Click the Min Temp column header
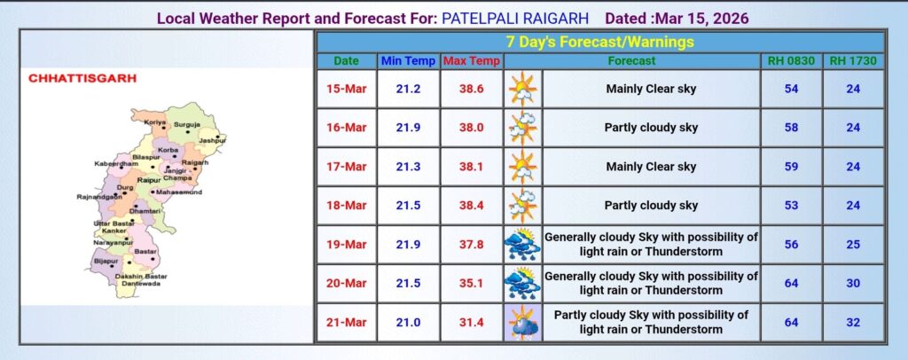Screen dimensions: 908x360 (x=408, y=61)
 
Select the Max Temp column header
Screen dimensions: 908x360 (x=472, y=61)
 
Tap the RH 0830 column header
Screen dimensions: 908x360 (x=791, y=61)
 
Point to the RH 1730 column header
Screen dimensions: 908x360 (x=853, y=61)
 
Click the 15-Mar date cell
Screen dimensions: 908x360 (x=347, y=90)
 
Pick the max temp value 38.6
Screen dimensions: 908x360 (x=472, y=90)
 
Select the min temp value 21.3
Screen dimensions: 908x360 (x=408, y=167)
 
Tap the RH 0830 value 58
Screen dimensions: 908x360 (x=791, y=128)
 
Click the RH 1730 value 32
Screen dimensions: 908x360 (x=853, y=323)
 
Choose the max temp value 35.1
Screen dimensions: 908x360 (x=472, y=284)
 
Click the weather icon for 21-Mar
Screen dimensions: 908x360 (x=523, y=323)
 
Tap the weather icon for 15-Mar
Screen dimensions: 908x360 (x=523, y=90)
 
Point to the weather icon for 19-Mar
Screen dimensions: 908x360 (x=523, y=244)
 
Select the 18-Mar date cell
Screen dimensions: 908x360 (x=347, y=206)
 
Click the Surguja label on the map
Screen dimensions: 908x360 (x=187, y=124)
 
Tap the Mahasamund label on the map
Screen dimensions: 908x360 (x=179, y=192)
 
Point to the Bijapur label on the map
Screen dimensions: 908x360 (x=106, y=261)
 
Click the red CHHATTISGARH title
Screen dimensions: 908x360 (x=82, y=79)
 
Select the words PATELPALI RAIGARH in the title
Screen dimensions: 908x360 (x=515, y=19)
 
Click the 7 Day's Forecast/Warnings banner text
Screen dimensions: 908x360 (x=600, y=43)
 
